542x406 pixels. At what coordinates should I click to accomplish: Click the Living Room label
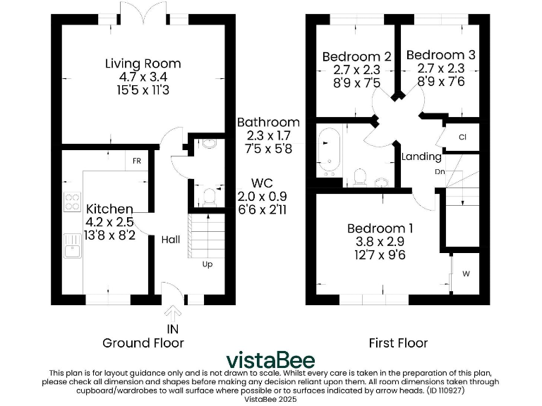143,64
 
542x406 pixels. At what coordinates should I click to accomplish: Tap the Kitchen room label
109,209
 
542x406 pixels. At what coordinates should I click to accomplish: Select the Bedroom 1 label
380,228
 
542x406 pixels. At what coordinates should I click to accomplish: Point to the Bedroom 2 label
356,57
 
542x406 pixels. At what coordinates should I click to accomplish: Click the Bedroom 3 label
440,55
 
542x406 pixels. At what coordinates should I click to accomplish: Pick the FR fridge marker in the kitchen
137,161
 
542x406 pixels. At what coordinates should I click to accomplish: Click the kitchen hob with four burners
73,203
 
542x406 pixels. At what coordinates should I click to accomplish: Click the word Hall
171,240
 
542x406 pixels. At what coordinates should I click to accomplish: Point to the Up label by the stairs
207,265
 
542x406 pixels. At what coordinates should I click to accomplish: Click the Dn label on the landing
439,171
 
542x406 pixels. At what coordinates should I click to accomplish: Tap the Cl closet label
463,137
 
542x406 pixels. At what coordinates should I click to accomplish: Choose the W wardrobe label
466,273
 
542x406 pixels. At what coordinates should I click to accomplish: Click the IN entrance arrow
171,314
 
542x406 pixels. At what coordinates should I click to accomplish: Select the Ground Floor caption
143,343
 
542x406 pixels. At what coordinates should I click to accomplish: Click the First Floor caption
398,343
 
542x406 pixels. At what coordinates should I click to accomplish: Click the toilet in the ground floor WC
208,195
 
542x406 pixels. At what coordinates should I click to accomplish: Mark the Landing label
421,156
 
